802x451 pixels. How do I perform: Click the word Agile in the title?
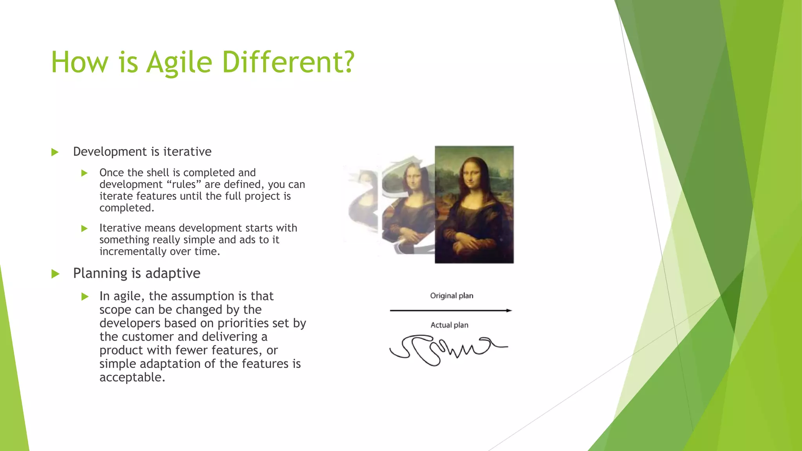(x=179, y=63)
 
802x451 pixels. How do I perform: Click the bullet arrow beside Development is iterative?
(x=55, y=152)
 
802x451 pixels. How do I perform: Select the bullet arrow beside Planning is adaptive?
(x=55, y=274)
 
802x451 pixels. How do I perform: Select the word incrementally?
(x=133, y=251)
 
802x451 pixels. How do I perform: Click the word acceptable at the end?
(x=132, y=377)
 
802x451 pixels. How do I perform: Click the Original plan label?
(x=452, y=296)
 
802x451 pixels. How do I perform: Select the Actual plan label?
(x=449, y=325)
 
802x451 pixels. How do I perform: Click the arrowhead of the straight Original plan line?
(x=509, y=310)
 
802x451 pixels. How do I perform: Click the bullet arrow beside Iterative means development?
(x=84, y=228)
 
